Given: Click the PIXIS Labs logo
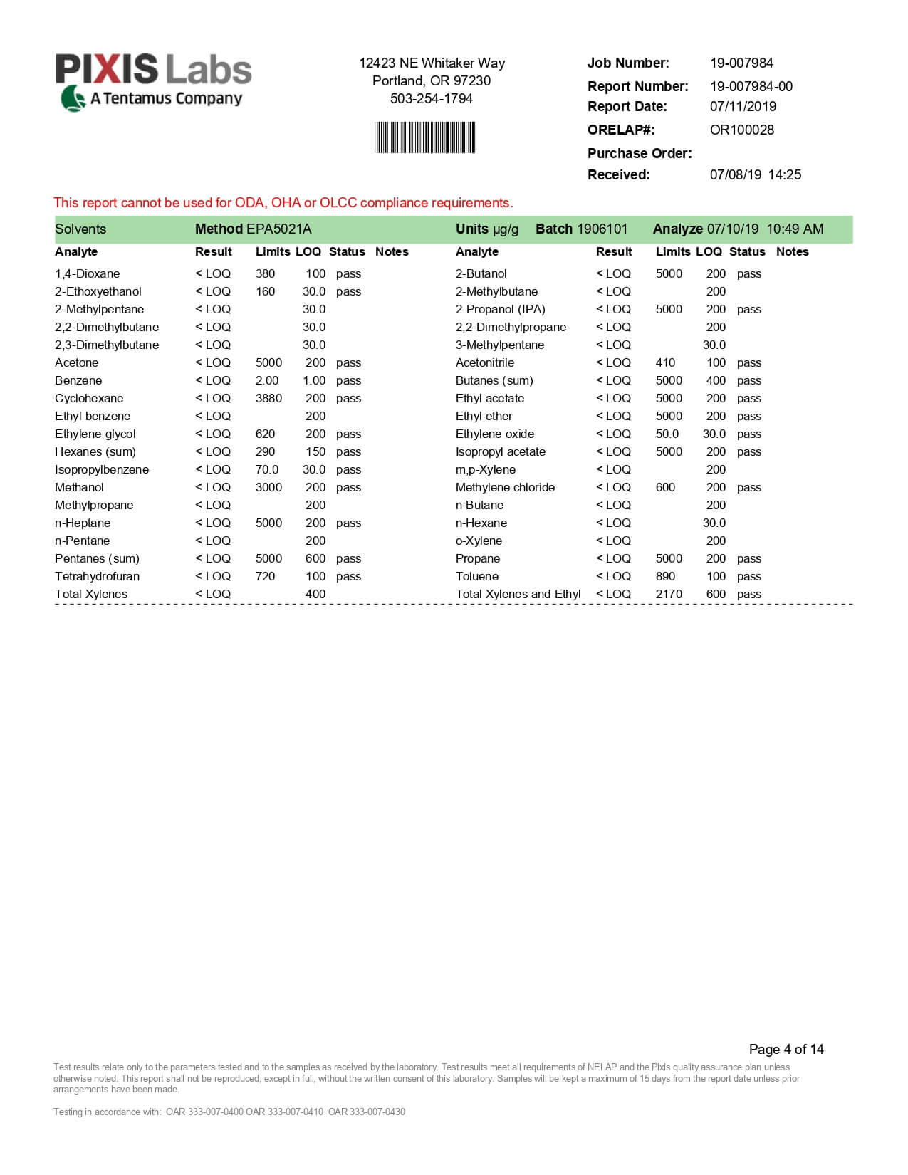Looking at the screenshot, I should click(154, 81).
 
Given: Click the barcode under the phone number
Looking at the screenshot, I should click(424, 137).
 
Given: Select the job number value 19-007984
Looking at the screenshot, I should click(741, 63).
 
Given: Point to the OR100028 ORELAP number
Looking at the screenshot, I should click(741, 130).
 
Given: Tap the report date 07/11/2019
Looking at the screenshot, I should click(743, 106).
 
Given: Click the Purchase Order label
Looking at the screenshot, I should click(639, 153).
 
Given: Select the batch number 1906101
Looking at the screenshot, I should click(602, 229).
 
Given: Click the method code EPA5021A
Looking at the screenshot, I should click(278, 229).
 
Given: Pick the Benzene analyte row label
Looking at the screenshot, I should click(78, 380).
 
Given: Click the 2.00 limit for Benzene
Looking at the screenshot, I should click(267, 380).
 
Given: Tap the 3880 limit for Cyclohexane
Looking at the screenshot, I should click(268, 398).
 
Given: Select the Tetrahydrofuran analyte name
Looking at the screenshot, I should click(97, 576).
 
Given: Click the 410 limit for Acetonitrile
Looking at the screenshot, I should click(665, 362).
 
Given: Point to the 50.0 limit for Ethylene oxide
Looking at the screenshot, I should click(667, 434).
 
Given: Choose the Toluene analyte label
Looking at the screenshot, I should click(477, 576).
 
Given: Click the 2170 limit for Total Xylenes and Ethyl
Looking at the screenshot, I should click(669, 594).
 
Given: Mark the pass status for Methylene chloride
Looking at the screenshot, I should click(748, 487).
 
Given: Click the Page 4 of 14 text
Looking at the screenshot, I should click(786, 1049).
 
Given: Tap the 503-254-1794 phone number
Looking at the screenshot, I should click(431, 98).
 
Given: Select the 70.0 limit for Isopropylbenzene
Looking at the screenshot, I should click(267, 469).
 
